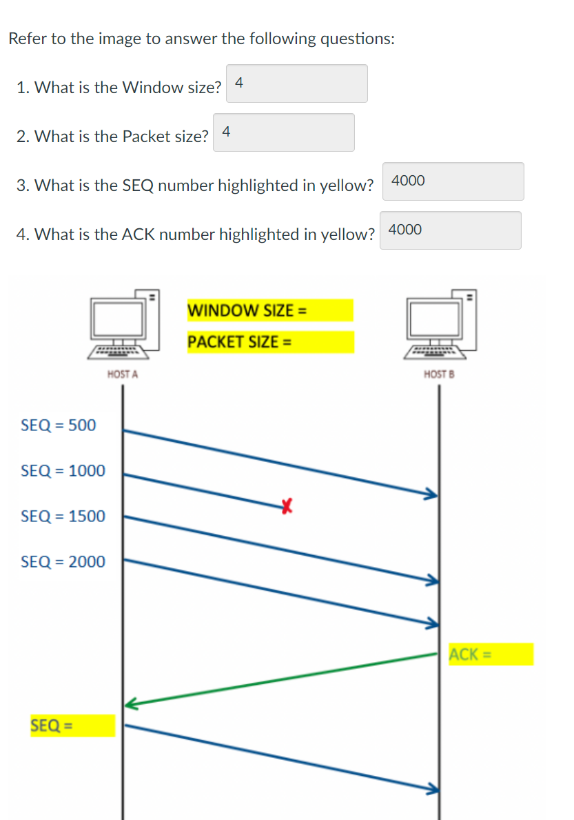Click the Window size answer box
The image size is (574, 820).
click(x=296, y=83)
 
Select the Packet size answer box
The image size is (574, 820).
click(x=284, y=132)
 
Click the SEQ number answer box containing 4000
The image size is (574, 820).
click(x=453, y=181)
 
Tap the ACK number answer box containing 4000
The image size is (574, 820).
click(x=450, y=230)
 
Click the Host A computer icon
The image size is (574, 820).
click(x=123, y=325)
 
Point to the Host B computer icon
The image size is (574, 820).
click(x=440, y=325)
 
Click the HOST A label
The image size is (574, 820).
click(x=123, y=374)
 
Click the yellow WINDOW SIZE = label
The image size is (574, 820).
click(x=269, y=310)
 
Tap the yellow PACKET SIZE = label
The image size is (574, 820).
click(x=269, y=342)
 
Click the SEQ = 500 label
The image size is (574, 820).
click(x=59, y=425)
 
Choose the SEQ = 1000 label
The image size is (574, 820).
click(x=63, y=471)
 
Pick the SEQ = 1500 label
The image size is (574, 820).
click(x=63, y=516)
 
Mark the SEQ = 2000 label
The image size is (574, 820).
click(x=63, y=561)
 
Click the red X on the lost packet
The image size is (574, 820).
click(x=287, y=508)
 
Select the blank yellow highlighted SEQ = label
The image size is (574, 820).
click(x=72, y=726)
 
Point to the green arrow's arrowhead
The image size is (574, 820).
click(x=131, y=704)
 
